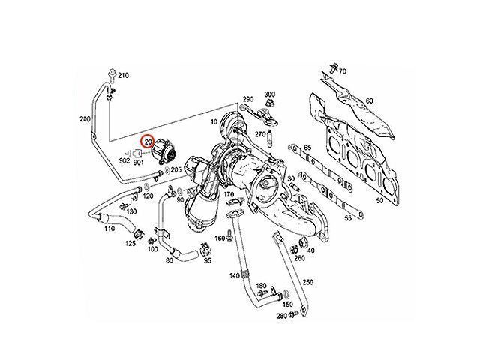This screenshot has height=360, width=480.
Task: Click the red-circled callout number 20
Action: [x=148, y=142]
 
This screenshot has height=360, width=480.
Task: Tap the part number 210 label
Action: [x=123, y=75]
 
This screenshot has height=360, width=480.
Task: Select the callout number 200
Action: [x=85, y=118]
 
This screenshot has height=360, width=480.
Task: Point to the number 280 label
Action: [x=280, y=317]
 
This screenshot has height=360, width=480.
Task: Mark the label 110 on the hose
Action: [x=109, y=228]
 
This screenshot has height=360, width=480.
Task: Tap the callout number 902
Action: [x=124, y=160]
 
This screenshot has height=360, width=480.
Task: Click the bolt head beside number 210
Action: [x=111, y=73]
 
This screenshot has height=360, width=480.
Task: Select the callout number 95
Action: [x=207, y=261]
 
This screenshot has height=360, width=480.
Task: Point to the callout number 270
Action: [x=260, y=134]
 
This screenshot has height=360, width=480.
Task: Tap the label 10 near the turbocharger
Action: [x=214, y=121]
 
